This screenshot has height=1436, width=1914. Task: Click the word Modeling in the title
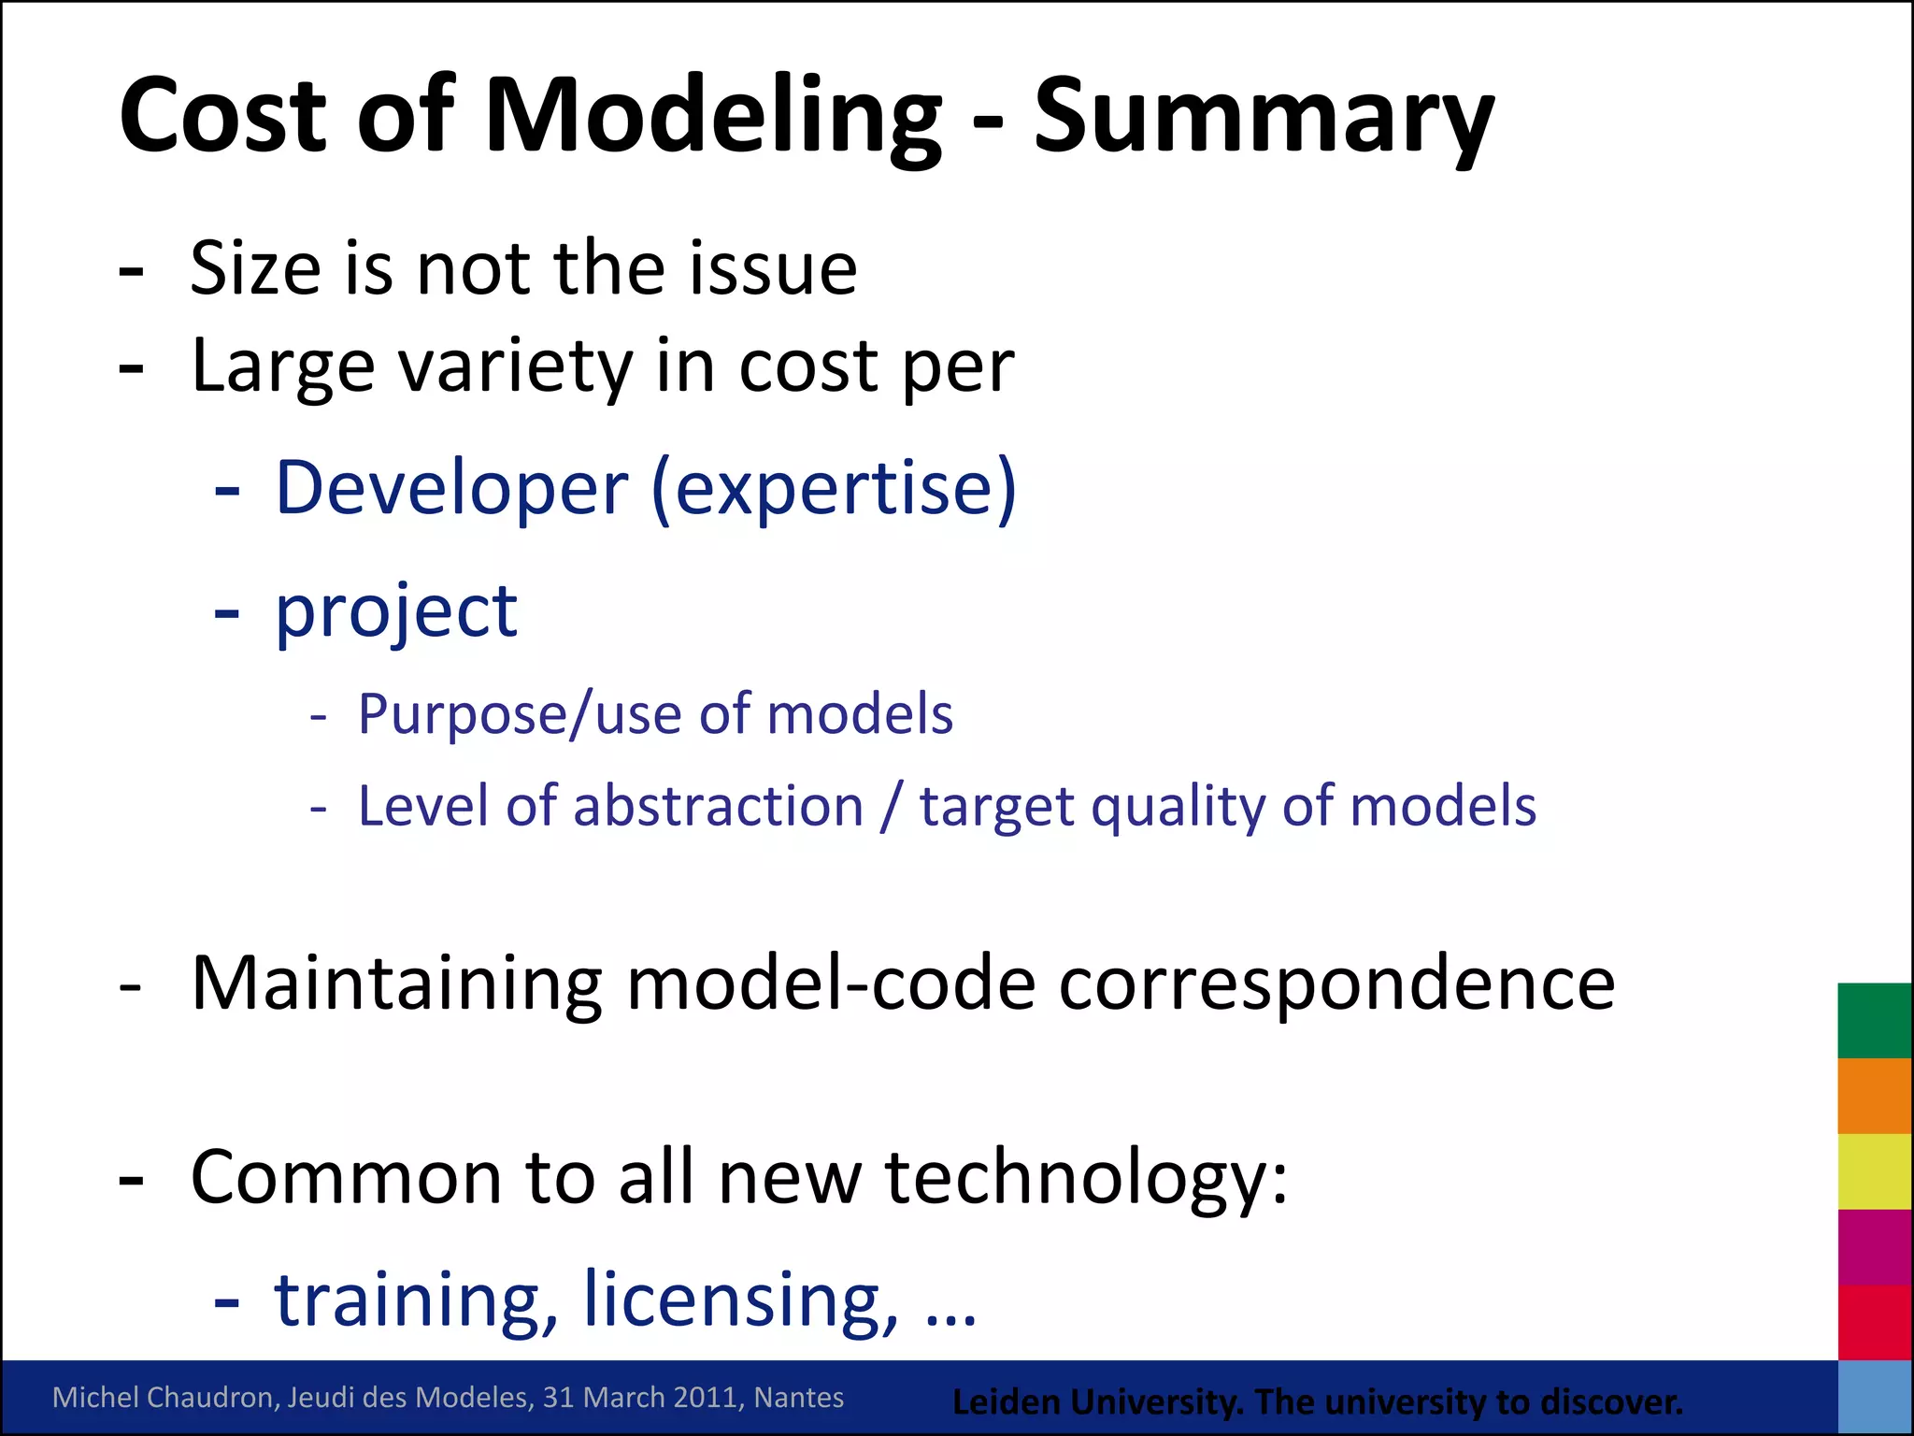click(712, 116)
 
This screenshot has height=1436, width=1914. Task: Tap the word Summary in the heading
click(1264, 116)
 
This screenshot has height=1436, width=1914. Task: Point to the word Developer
click(452, 488)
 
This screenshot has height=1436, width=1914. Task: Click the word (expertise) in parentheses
click(834, 488)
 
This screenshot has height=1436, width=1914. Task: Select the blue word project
click(396, 612)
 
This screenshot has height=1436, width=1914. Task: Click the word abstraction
click(718, 806)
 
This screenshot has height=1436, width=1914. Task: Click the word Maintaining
click(396, 984)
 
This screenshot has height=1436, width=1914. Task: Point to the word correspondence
click(1336, 984)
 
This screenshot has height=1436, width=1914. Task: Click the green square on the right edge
click(1874, 1020)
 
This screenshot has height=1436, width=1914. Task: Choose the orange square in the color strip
click(1874, 1096)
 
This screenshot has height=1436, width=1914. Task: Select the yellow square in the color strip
click(1874, 1171)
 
